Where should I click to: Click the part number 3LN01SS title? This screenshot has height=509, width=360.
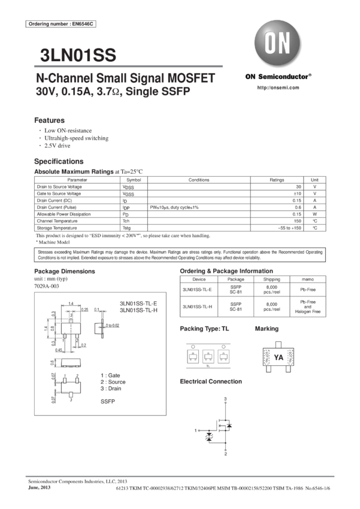77,56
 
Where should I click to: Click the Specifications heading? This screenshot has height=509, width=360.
59,162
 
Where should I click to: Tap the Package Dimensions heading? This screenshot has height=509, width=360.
63,271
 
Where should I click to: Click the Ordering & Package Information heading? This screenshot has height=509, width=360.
229,272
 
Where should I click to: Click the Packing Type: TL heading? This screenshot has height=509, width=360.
204,329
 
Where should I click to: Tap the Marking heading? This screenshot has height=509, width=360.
267,329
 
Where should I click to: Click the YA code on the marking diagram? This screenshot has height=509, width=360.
277,357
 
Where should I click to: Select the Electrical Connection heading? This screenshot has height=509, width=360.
210,381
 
